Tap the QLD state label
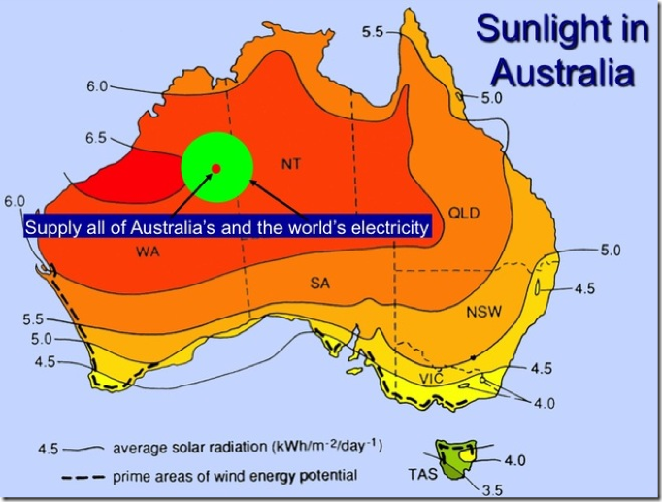464,213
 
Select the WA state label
149,251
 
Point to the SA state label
321,283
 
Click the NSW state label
482,314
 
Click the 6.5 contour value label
95,139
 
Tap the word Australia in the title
563,74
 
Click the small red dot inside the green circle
215,169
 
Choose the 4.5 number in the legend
49,449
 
